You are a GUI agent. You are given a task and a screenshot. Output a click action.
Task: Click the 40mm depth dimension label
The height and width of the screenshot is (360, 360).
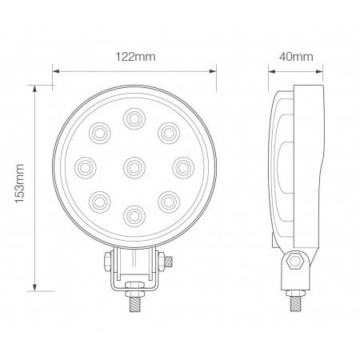coord(298,57)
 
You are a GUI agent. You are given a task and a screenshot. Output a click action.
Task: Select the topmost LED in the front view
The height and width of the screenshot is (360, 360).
coord(134,121)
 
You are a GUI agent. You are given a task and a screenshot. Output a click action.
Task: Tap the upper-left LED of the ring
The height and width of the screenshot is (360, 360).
coord(101,133)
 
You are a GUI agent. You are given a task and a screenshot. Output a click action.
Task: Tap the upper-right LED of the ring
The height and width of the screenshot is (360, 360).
coord(166,133)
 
